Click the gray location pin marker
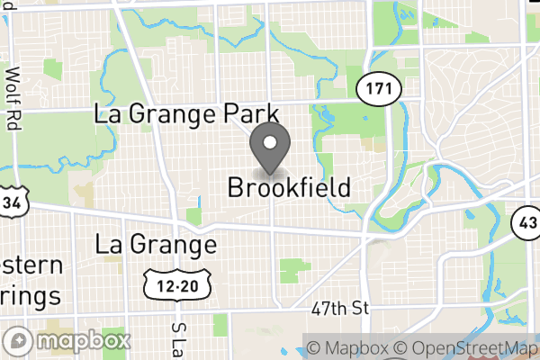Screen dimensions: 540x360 pos(269,149)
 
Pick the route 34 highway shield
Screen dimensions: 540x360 pos(12,201)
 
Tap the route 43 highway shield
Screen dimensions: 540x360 pos(526,222)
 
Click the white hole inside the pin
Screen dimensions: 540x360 pos(269,142)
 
